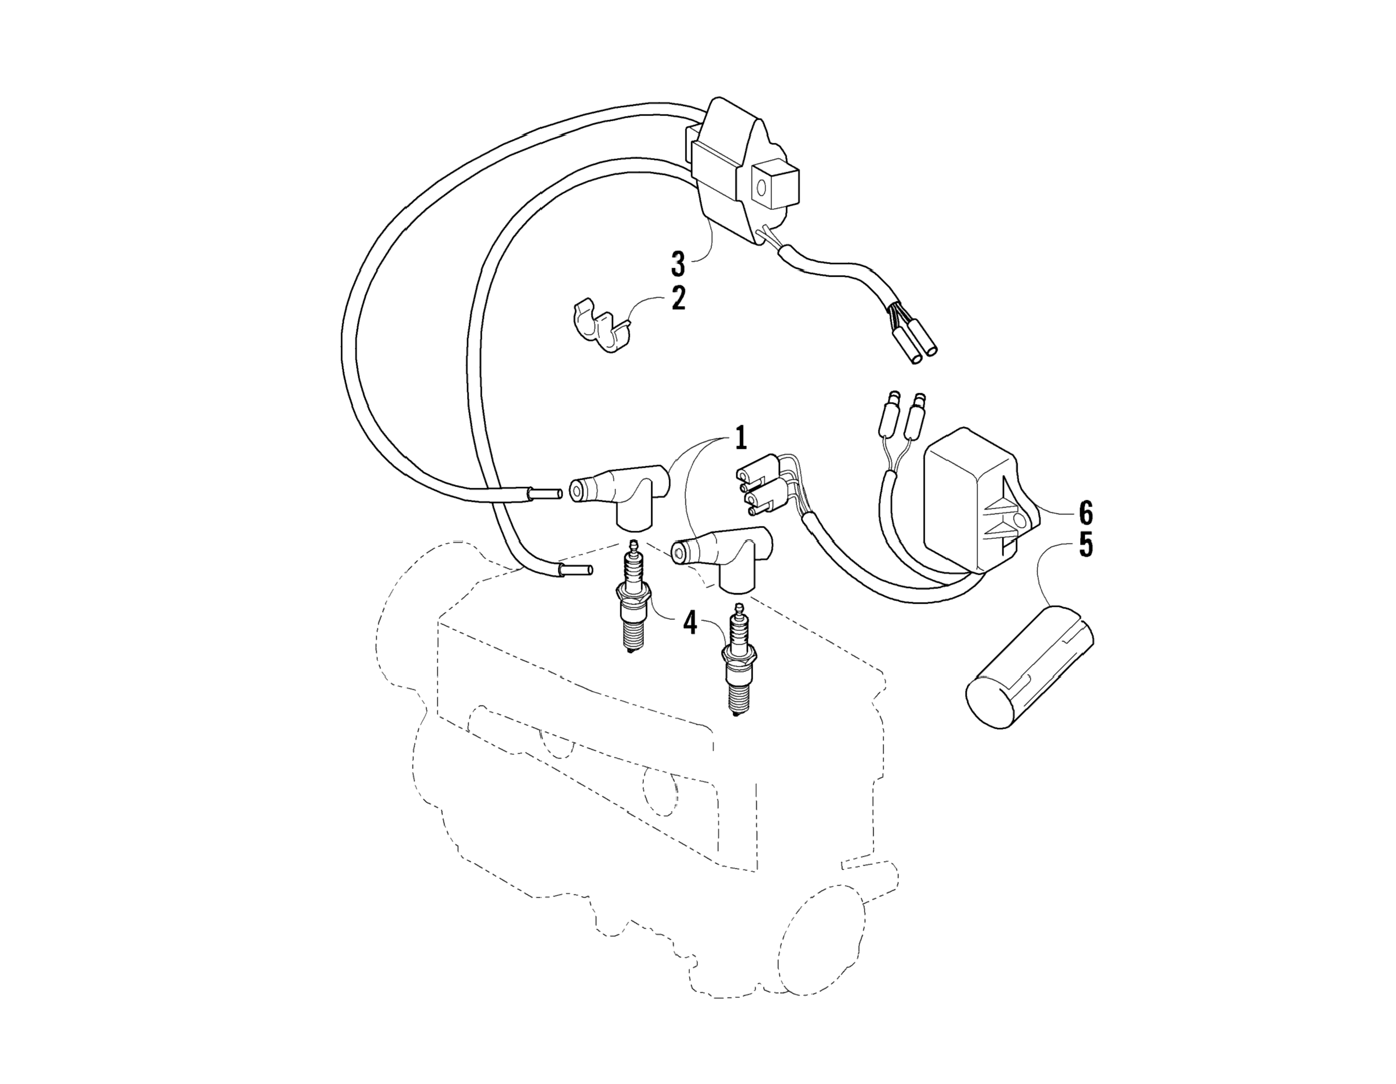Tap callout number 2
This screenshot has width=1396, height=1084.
[x=678, y=298]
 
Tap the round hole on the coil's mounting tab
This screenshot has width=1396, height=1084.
[x=762, y=188]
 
